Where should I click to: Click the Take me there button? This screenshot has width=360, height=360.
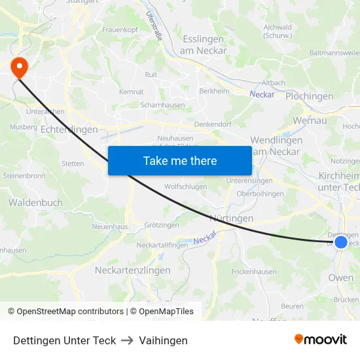pyautogui.click(x=179, y=160)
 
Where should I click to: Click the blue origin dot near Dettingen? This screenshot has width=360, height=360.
pyautogui.click(x=340, y=242)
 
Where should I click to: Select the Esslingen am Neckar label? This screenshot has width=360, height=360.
pyautogui.click(x=204, y=45)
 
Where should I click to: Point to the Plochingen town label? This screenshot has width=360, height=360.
pyautogui.click(x=309, y=96)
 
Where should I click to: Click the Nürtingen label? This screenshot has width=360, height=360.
pyautogui.click(x=231, y=218)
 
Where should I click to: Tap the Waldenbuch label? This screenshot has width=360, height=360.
pyautogui.click(x=35, y=203)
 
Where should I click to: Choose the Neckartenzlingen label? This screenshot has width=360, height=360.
pyautogui.click(x=132, y=270)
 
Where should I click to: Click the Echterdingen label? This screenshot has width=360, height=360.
pyautogui.click(x=69, y=130)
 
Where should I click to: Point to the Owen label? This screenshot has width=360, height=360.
pyautogui.click(x=340, y=278)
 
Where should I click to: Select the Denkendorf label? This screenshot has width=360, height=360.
pyautogui.click(x=214, y=124)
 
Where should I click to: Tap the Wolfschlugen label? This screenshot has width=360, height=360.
pyautogui.click(x=185, y=187)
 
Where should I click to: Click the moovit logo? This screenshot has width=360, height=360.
pyautogui.click(x=321, y=339)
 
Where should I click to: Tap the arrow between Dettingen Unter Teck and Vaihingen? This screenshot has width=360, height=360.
pyautogui.click(x=127, y=340)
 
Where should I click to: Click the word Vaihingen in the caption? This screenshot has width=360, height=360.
pyautogui.click(x=163, y=340)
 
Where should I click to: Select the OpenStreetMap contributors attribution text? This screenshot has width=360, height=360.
pyautogui.click(x=65, y=312)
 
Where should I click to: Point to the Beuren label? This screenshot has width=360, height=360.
pyautogui.click(x=292, y=306)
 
